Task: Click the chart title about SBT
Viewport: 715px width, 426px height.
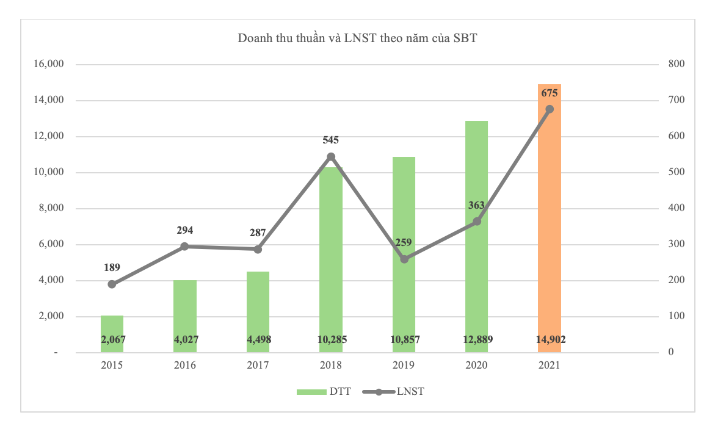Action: [357, 38]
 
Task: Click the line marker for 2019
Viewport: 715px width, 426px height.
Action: [404, 259]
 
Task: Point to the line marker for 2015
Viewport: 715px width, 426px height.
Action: [112, 284]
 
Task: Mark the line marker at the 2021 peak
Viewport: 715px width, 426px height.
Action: [550, 109]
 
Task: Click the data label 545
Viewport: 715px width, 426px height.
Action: [331, 140]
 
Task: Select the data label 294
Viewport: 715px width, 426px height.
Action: [185, 231]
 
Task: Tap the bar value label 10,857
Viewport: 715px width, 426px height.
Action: [404, 339]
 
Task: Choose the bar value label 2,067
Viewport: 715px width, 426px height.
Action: [112, 339]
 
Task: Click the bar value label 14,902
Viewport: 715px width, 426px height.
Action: [549, 339]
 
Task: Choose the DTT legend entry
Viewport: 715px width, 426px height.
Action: [324, 392]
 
